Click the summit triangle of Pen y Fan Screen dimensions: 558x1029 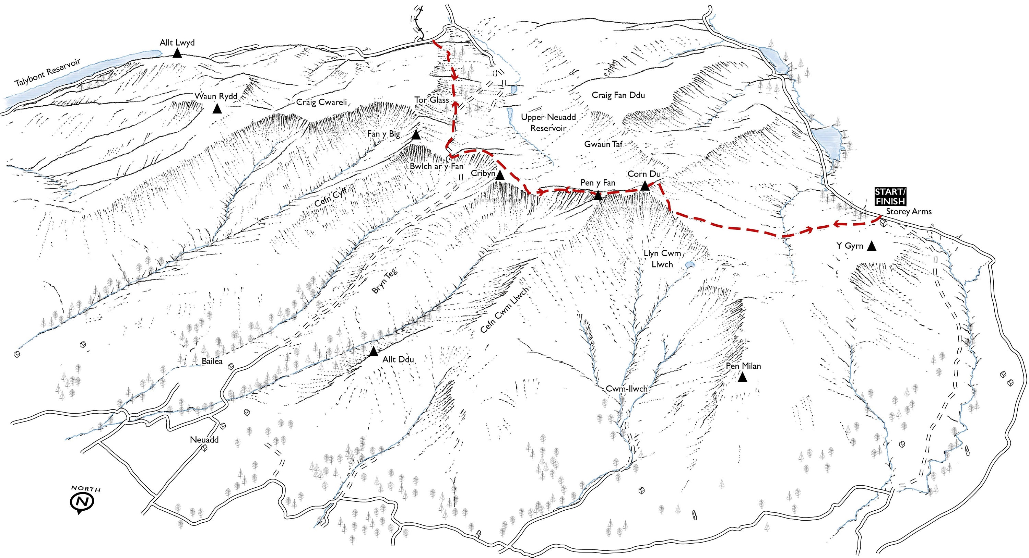coord(598,196)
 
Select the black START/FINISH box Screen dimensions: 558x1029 coord(890,196)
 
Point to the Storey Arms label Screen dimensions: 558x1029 coord(908,212)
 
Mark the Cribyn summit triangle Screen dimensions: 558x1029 coord(500,176)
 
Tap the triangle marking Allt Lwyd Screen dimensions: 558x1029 coord(177,54)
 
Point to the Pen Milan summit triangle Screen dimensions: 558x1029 coord(742,377)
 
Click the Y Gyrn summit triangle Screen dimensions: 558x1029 coord(871,247)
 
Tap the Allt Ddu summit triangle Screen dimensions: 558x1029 coord(374,352)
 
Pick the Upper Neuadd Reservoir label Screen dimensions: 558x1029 coord(548,123)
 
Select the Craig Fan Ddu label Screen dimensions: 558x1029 coord(618,95)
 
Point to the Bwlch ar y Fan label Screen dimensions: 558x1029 coord(437,166)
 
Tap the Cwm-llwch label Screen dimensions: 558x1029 coord(626,389)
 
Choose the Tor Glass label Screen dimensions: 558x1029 coord(431,100)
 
